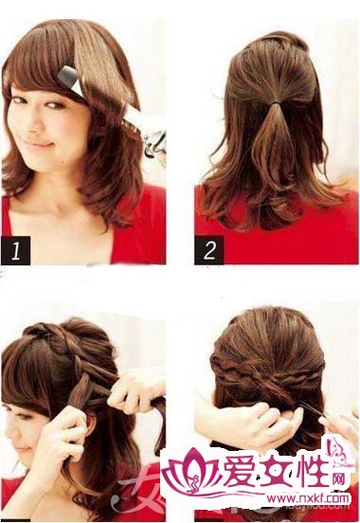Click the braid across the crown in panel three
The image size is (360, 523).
click(57, 336)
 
